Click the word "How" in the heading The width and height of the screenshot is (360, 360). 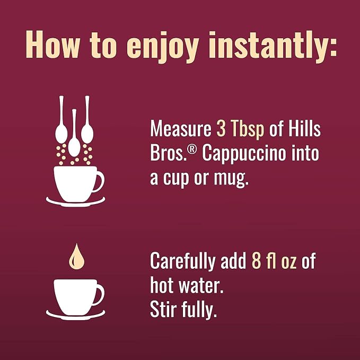click(52, 44)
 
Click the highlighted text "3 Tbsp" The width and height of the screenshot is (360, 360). click(240, 128)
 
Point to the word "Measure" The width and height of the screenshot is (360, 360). click(181, 128)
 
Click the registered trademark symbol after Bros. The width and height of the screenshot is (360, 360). click(192, 150)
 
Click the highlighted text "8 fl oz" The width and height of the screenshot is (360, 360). click(274, 261)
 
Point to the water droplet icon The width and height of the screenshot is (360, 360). click(77, 257)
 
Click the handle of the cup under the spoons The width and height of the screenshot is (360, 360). click(101, 181)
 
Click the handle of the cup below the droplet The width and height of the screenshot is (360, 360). click(101, 295)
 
